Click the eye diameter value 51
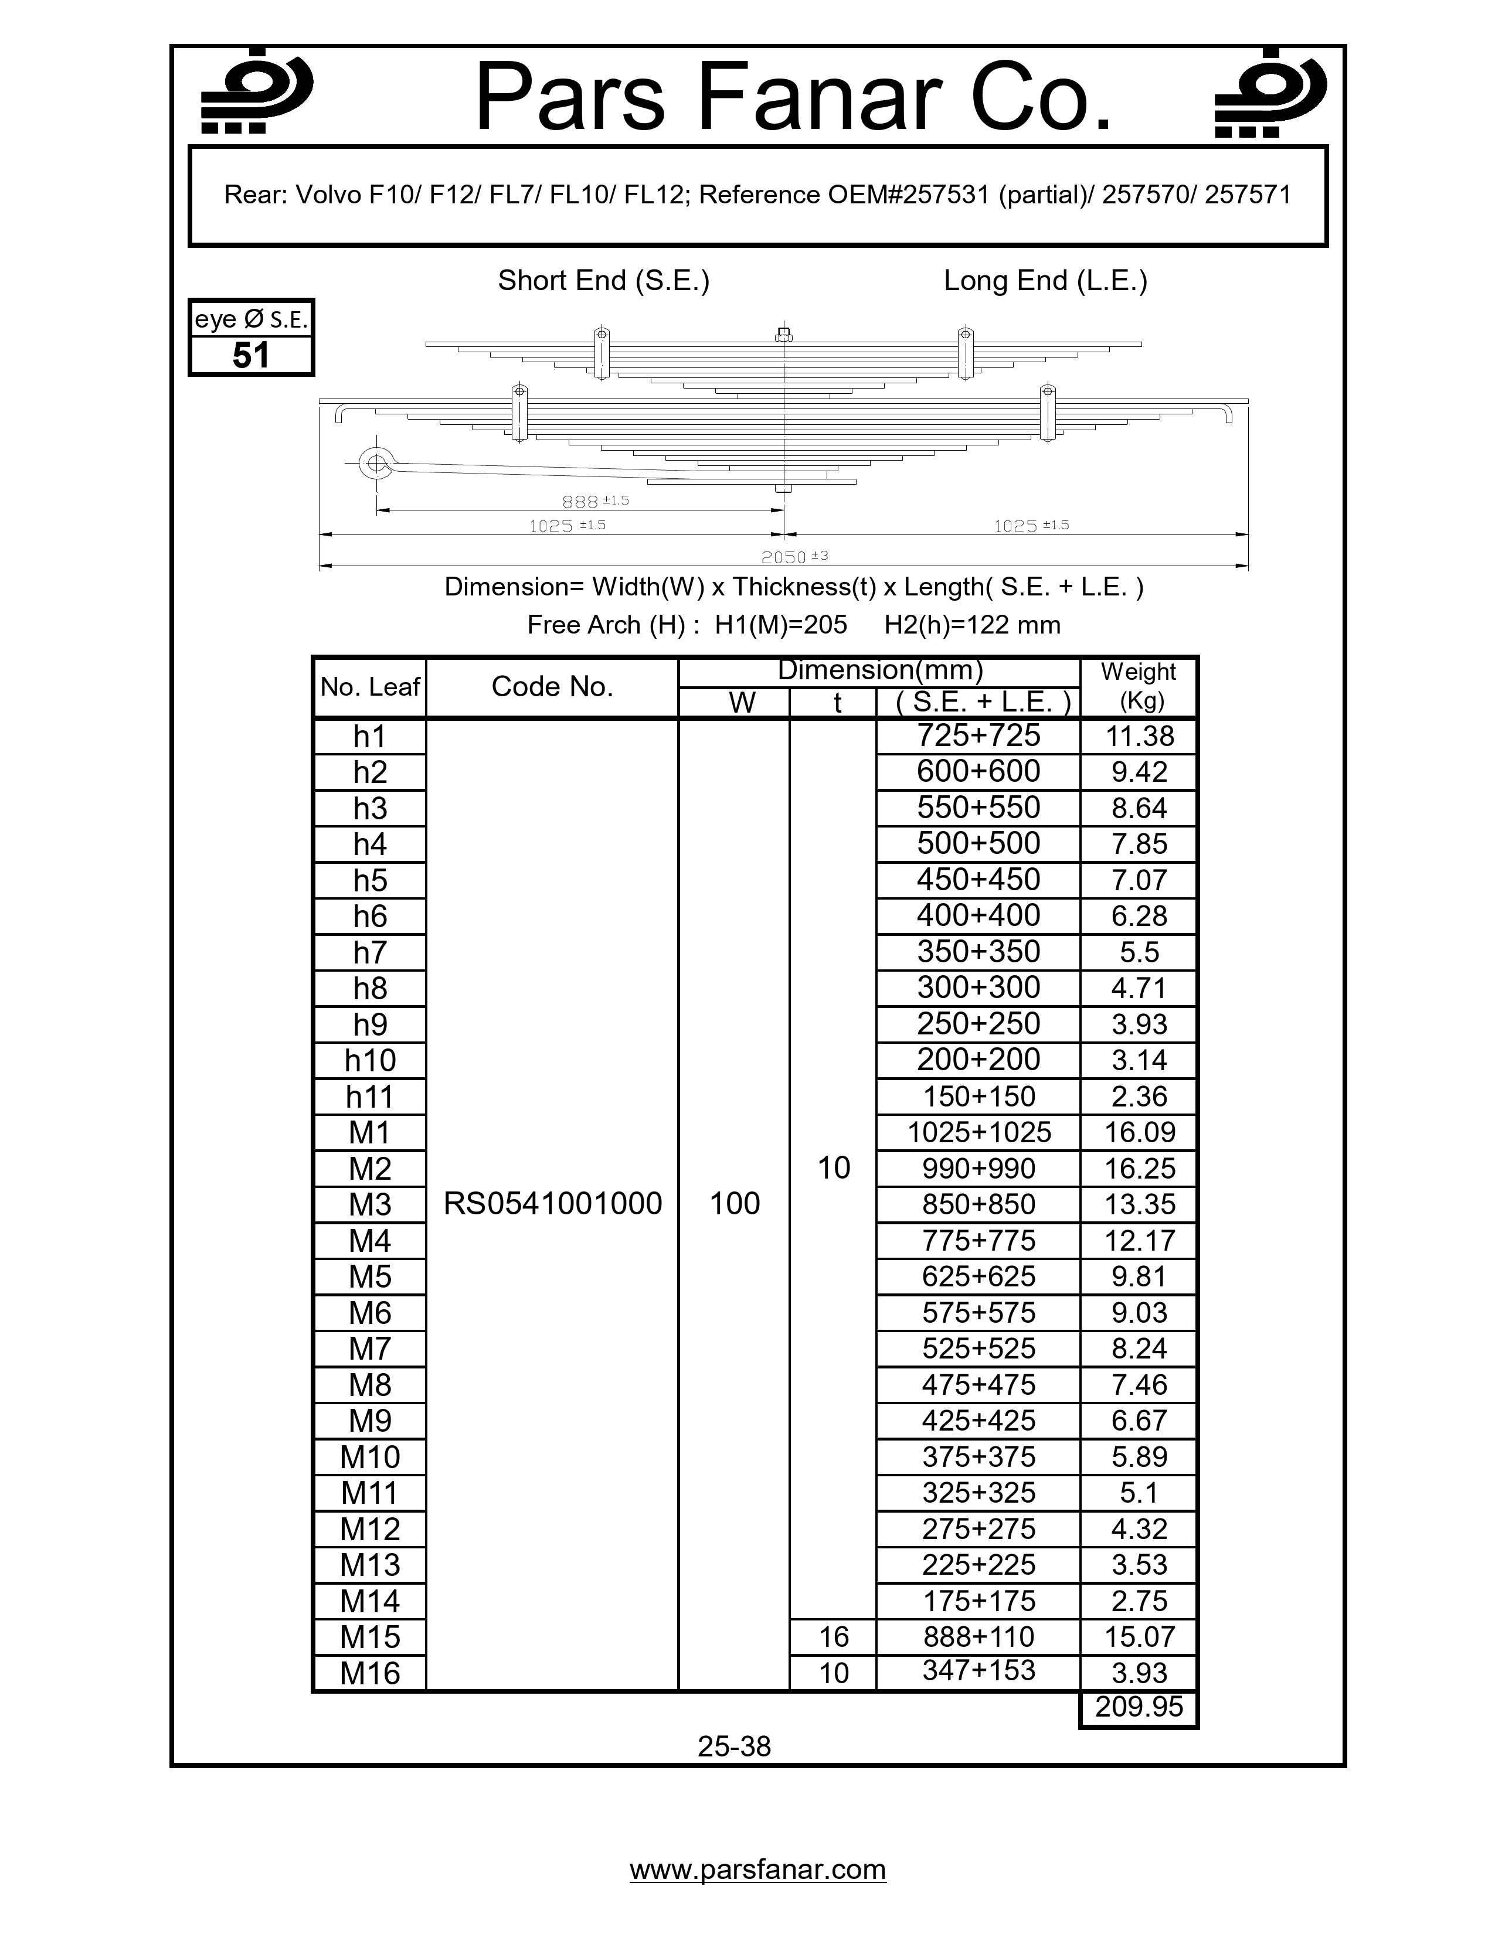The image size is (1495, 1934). click(x=251, y=355)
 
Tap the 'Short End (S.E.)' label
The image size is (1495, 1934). click(x=603, y=281)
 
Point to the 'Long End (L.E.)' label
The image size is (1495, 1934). click(x=1045, y=281)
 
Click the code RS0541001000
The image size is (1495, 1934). click(x=552, y=1203)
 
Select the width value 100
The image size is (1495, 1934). click(x=734, y=1203)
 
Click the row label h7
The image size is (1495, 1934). click(x=370, y=952)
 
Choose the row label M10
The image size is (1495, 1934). click(x=370, y=1457)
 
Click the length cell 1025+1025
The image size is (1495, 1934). click(x=978, y=1132)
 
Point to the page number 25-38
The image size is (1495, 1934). click(x=734, y=1746)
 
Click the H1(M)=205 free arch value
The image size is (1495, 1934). click(x=780, y=625)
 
